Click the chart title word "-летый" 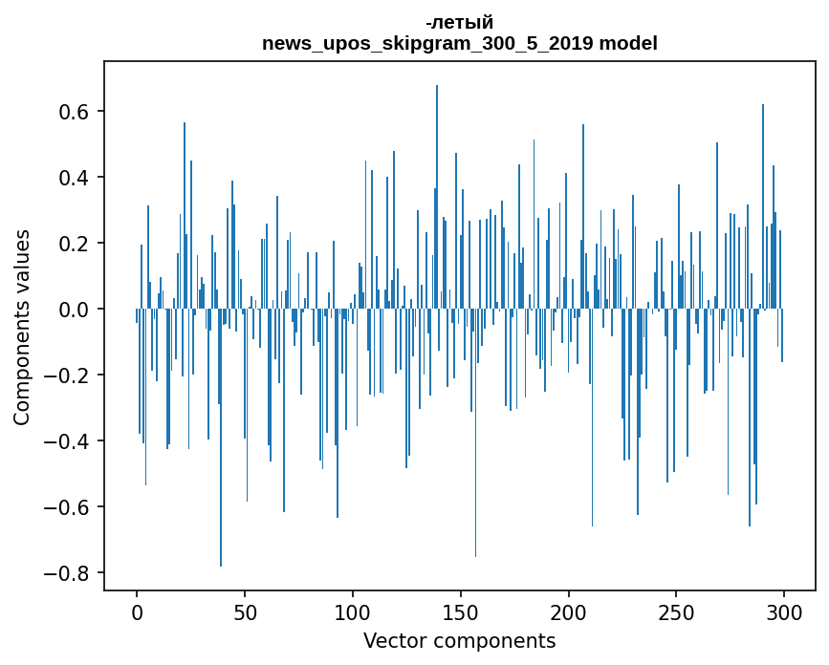click(x=459, y=23)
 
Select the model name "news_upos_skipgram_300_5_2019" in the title click(x=428, y=44)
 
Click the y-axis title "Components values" click(x=22, y=327)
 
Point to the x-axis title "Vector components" click(x=459, y=641)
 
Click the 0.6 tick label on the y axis click(x=75, y=112)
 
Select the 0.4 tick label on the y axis click(x=75, y=178)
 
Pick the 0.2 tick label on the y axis click(x=75, y=244)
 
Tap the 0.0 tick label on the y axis click(x=75, y=310)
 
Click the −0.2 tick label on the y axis click(x=68, y=375)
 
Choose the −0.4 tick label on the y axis click(x=68, y=441)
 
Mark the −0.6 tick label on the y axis click(x=68, y=507)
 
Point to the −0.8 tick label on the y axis click(x=68, y=573)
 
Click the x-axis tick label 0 click(x=137, y=611)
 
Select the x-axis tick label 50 click(x=245, y=611)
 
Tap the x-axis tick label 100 click(x=353, y=611)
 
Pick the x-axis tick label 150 click(x=461, y=611)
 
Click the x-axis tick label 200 click(x=569, y=611)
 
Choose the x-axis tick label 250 click(x=676, y=611)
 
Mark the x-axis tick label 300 click(x=784, y=611)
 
